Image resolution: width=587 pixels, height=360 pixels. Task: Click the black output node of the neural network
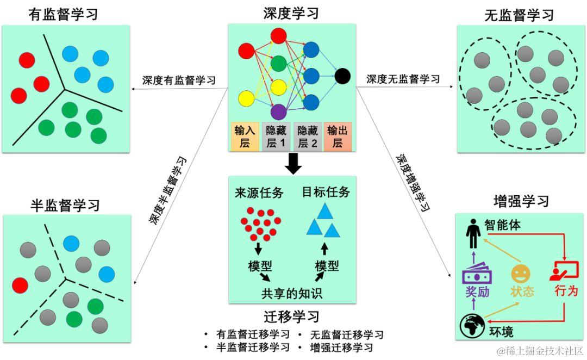pos(343,76)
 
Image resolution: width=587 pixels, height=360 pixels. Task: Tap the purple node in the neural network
pos(278,111)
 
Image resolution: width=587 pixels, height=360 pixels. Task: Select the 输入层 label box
pos(245,136)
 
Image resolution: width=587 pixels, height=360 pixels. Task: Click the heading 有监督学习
pos(63,14)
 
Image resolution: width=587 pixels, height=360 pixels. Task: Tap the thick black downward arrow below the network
pos(293,163)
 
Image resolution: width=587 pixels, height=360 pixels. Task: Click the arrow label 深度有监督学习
pos(179,80)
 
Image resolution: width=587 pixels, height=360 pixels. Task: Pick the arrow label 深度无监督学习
pos(403,79)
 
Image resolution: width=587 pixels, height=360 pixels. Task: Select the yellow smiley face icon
pos(520,273)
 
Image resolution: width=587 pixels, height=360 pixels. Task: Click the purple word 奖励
pos(477,291)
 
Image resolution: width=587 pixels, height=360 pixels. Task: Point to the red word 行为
pos(564,291)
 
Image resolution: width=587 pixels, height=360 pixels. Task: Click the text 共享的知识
pos(292,294)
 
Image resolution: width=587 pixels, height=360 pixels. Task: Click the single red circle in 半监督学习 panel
pos(20,285)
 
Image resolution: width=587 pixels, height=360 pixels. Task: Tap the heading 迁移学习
pos(292,316)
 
